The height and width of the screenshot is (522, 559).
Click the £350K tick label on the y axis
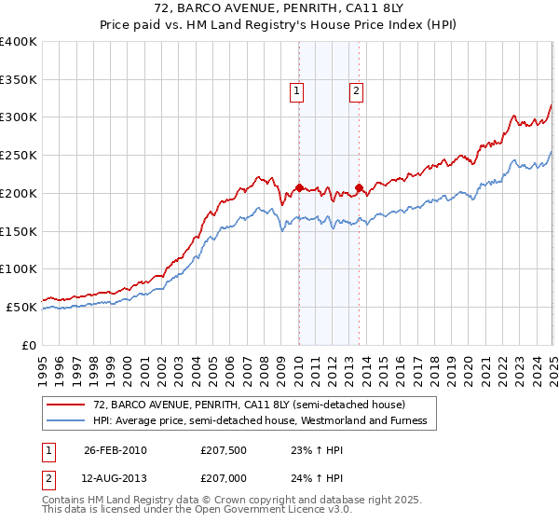tap(19, 79)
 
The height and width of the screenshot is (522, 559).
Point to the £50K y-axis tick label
tap(21, 307)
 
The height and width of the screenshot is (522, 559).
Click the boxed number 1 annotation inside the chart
tap(296, 90)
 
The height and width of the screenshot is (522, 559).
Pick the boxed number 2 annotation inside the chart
tap(357, 90)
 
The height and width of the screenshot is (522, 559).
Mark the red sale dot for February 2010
tap(299, 187)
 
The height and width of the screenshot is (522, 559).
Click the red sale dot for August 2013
tap(359, 188)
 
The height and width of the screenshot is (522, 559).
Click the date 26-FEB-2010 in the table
tap(115, 450)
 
